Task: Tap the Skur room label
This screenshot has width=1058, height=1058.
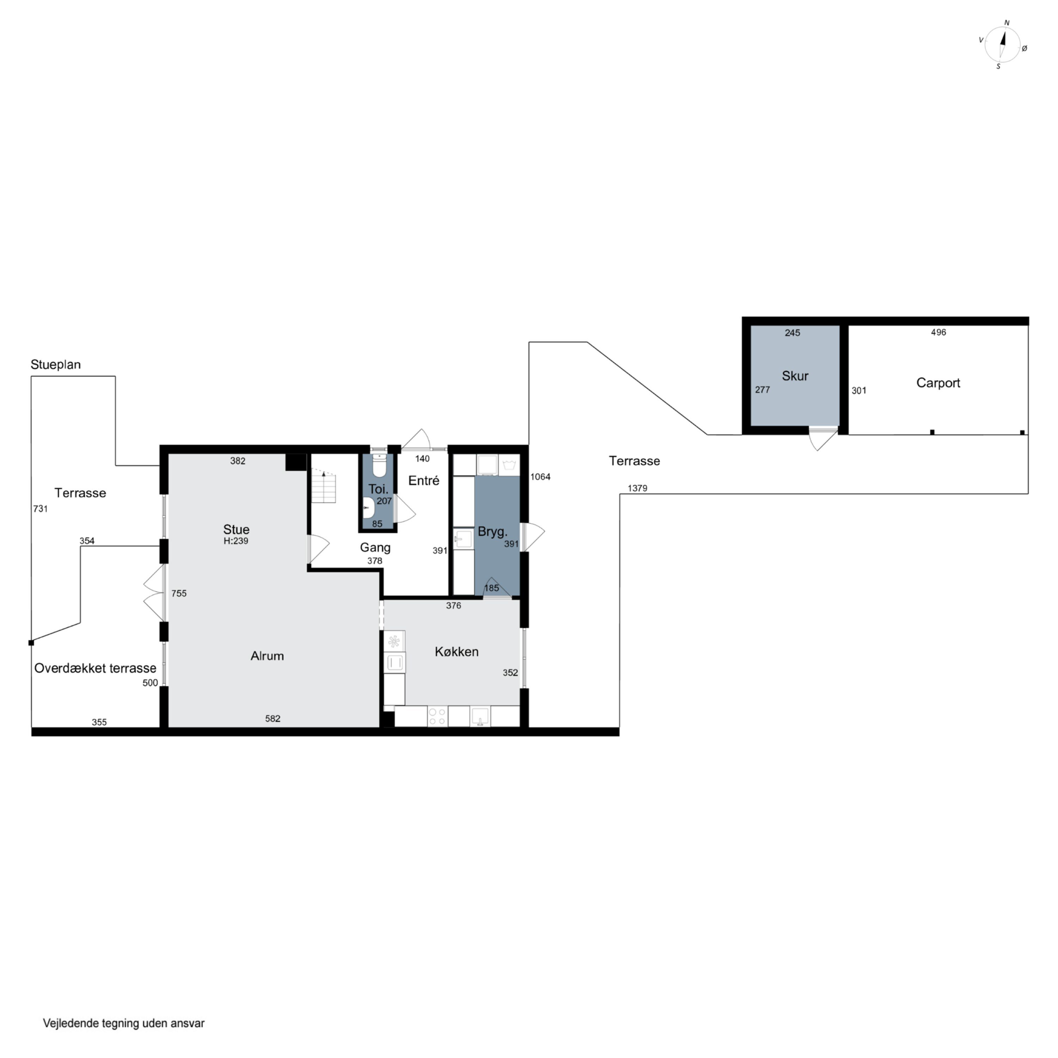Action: (x=795, y=376)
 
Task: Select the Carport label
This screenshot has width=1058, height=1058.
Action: (x=938, y=383)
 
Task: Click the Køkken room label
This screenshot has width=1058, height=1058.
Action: (x=457, y=652)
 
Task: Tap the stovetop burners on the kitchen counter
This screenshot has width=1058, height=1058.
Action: (x=438, y=716)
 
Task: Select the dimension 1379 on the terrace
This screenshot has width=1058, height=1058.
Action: (x=637, y=488)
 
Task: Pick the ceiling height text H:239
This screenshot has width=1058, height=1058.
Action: (x=236, y=541)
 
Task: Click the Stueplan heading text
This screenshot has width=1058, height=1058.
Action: (x=55, y=365)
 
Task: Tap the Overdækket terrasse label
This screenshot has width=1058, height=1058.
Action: (x=95, y=668)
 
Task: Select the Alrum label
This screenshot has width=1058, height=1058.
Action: (x=267, y=656)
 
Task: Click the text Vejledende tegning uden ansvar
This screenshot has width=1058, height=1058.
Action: (x=124, y=1023)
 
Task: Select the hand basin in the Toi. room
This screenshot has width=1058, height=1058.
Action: (x=368, y=507)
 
